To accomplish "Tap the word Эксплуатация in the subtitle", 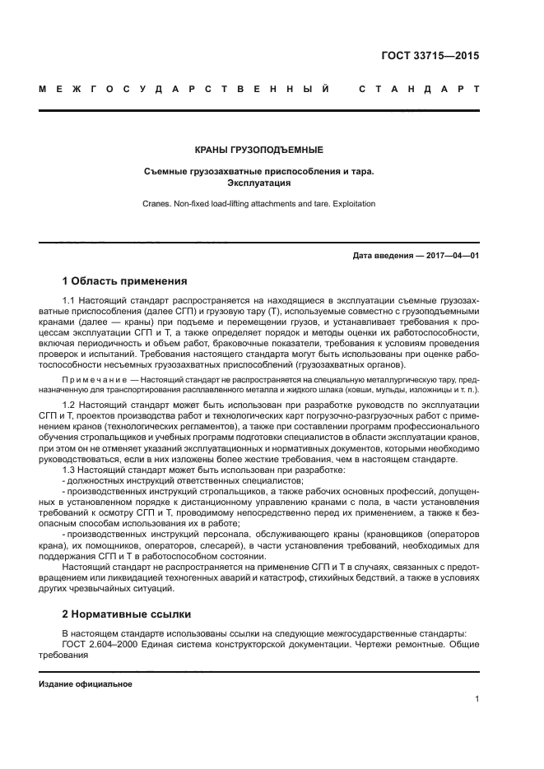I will tap(272, 183).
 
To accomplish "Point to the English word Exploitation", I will tap(353, 203).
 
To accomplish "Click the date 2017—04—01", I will tap(452, 256).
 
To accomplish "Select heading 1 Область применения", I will tap(125, 281).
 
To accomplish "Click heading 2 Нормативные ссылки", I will tap(127, 614).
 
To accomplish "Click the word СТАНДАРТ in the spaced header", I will tap(419, 88).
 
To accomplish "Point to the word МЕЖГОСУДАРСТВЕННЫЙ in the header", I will tap(185, 88).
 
